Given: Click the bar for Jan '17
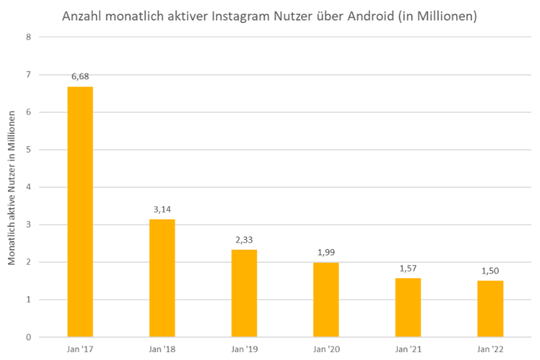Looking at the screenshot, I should (x=80, y=211).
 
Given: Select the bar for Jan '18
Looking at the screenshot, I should (x=162, y=278).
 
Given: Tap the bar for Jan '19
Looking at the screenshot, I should (x=244, y=293).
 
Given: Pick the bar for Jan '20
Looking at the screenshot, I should (x=326, y=299).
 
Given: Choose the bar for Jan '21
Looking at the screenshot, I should (x=408, y=307).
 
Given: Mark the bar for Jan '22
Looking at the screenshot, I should (x=490, y=309).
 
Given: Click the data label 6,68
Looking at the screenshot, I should (x=80, y=76).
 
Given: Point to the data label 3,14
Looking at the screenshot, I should (x=162, y=209).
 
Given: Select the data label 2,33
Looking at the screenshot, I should (x=244, y=240).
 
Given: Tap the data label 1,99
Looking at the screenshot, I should (x=326, y=253).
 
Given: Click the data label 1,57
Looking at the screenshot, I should (x=408, y=268).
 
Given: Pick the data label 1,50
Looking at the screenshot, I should (x=490, y=271).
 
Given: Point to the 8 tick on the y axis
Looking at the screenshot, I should (x=28, y=37).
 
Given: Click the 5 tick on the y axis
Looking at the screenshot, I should (x=28, y=149).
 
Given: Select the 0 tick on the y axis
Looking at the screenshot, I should (x=28, y=337).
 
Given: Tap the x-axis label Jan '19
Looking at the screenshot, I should (x=244, y=349).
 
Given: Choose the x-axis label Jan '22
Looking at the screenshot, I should (x=490, y=349).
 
